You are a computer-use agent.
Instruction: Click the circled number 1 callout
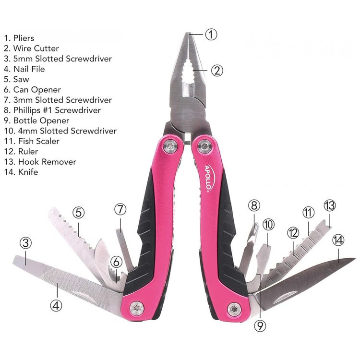[211, 35]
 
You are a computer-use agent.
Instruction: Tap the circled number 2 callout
[217, 70]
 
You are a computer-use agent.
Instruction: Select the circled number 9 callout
[260, 325]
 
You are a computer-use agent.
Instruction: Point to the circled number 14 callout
[338, 240]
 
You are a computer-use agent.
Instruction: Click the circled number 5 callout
[79, 212]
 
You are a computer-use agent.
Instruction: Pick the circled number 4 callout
[56, 305]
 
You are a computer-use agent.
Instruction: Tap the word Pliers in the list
[24, 38]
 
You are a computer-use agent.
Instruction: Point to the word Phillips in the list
[27, 110]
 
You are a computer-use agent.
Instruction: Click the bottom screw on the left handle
[137, 308]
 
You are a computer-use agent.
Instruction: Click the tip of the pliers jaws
[188, 33]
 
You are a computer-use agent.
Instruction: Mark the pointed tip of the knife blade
[355, 259]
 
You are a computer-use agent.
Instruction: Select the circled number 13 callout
[329, 205]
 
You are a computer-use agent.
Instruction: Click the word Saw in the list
[21, 79]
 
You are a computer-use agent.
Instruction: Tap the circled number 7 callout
[120, 209]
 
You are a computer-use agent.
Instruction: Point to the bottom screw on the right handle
[234, 309]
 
